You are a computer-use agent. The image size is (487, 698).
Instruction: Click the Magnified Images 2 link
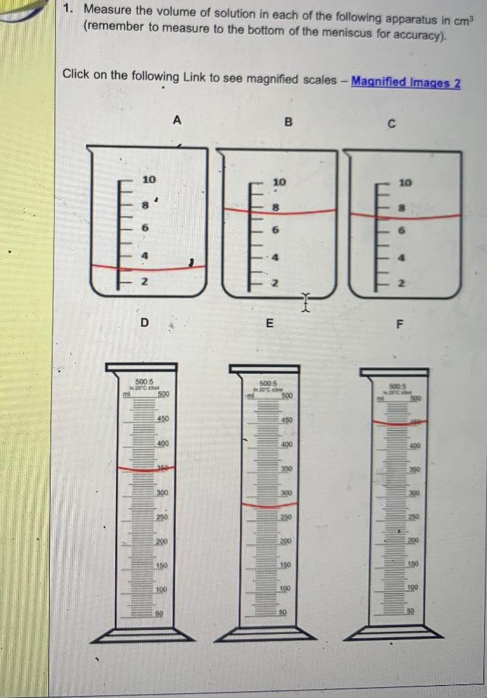tap(406, 82)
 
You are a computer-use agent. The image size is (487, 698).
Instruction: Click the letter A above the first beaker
tap(177, 121)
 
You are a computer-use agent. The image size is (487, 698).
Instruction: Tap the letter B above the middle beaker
tap(288, 123)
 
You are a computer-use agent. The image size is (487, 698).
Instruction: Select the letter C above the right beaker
tap(391, 125)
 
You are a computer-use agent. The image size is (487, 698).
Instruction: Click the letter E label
tap(270, 324)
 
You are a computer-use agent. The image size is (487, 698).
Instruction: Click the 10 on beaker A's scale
tap(149, 179)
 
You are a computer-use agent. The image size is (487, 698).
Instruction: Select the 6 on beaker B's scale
tap(276, 230)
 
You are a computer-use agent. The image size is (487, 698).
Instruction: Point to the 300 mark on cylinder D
tap(162, 492)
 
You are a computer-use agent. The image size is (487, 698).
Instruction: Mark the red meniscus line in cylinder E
tap(269, 504)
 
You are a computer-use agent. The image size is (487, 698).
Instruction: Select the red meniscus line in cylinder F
tap(399, 423)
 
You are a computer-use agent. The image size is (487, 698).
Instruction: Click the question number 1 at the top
tap(67, 10)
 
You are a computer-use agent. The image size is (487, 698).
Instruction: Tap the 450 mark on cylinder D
tap(162, 419)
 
